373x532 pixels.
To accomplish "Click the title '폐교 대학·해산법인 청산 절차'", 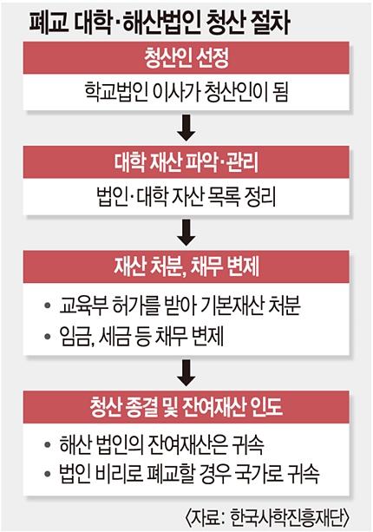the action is pos(160,23).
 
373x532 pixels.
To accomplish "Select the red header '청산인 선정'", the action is pos(186,57).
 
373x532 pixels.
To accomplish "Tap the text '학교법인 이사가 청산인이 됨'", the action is pos(186,92).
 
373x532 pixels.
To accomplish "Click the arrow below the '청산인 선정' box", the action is pos(186,128).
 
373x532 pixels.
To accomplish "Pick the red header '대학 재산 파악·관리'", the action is pos(186,162).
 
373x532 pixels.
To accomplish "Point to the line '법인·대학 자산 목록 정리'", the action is pos(186,196).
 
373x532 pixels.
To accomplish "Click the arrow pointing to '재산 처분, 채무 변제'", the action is pos(186,233).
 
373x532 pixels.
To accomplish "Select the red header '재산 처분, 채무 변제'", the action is pos(186,266).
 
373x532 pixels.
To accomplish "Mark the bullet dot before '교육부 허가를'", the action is pos(48,305).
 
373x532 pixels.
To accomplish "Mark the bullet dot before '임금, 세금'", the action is pos(48,336).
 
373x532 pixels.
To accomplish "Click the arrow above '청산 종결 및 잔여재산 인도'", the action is pos(186,373).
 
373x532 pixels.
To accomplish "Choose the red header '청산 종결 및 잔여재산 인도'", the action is pos(186,406).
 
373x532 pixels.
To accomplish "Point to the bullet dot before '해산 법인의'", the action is pos(48,444).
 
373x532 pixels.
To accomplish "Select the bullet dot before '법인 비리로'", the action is pos(48,474).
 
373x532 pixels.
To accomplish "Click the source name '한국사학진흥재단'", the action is pos(287,517).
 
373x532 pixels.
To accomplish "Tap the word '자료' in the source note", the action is pos(204,517).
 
